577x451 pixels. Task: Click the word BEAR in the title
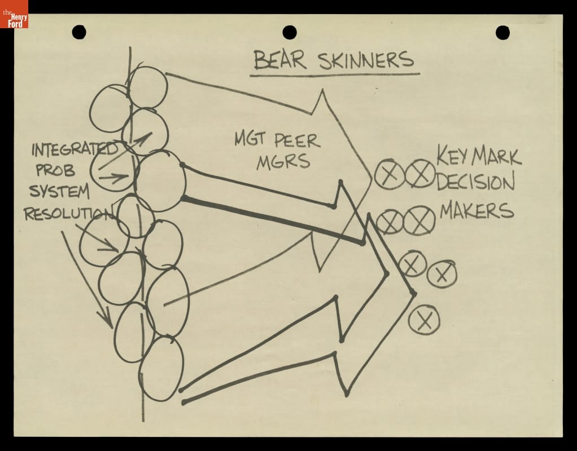[x=280, y=60]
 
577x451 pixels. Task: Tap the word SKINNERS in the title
[x=366, y=60]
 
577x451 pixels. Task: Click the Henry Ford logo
[x=14, y=14]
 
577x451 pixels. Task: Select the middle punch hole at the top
[x=290, y=32]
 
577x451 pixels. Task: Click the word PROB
[x=55, y=170]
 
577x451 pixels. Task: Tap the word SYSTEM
[x=59, y=191]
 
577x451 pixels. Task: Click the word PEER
[x=298, y=141]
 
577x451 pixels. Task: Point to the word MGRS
[x=283, y=161]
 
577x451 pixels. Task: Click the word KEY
[x=452, y=156]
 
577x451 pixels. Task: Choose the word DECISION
[x=475, y=181]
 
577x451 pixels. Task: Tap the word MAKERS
[x=477, y=210]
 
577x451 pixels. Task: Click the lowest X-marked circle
[x=424, y=320]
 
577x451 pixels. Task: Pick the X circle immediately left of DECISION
[x=420, y=174]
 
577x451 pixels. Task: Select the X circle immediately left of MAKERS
[x=419, y=220]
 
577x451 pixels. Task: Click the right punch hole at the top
[x=502, y=33]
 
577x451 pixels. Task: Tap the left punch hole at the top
[x=79, y=32]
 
